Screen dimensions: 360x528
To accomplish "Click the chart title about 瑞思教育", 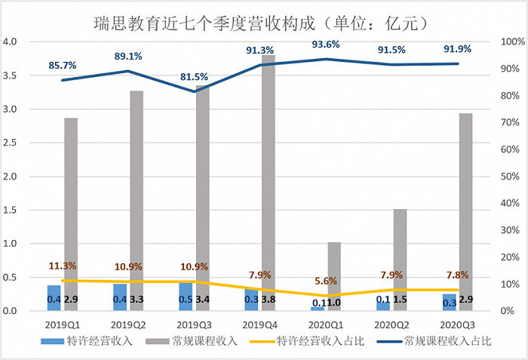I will (x=263, y=22).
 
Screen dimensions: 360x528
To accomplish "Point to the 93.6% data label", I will (x=327, y=44).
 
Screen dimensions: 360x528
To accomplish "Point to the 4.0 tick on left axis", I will (x=11, y=42).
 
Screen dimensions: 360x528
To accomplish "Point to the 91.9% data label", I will (x=457, y=50).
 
